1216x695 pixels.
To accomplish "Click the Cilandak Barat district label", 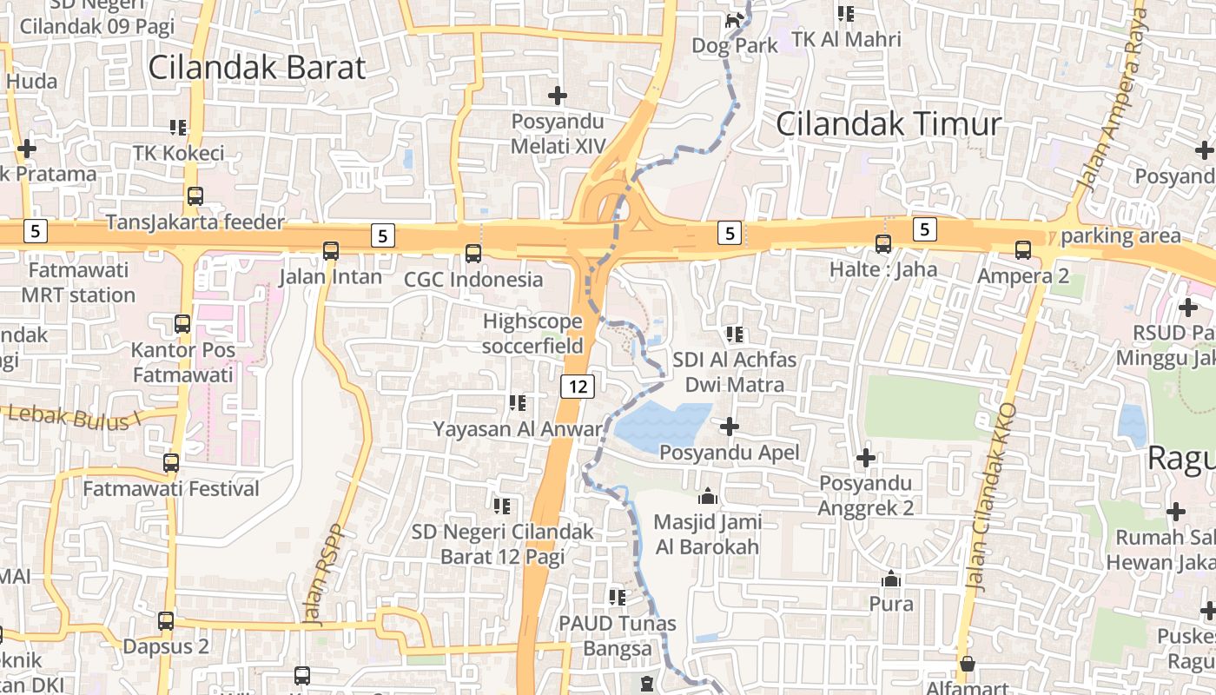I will pos(257,67).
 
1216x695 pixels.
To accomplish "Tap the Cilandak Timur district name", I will pos(888,123).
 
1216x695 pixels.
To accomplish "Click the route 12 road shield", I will pos(577,386).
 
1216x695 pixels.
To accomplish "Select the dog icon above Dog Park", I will pos(735,20).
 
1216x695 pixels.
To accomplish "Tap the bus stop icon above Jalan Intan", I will pos(331,251).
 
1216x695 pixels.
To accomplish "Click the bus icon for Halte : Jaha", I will pos(883,244).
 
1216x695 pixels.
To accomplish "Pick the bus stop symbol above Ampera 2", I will pos(1023,250).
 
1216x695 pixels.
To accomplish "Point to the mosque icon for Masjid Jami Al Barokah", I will pos(708,496).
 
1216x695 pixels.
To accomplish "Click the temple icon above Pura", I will pos(891,579).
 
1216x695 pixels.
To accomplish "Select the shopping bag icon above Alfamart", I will pos(967,665).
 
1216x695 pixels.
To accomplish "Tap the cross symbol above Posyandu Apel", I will pos(730,427).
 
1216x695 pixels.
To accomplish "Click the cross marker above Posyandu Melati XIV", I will pos(558,95).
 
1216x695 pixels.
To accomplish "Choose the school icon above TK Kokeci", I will pos(178,128).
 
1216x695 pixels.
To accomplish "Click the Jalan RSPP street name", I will pos(323,574).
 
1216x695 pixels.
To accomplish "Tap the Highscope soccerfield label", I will pos(532,334).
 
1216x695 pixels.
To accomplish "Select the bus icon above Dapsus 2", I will pos(166,621).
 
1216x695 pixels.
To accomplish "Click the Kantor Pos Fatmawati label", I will pos(182,362).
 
